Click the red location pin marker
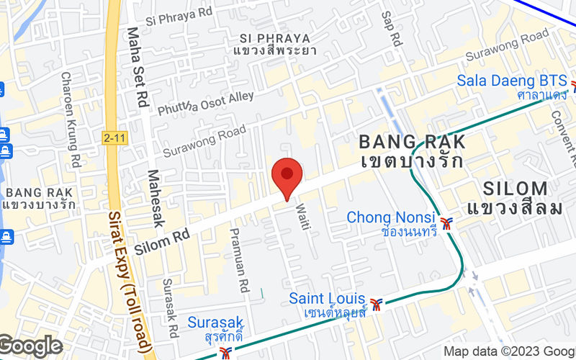coord(287,176)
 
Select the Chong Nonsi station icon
coord(448,223)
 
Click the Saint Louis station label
coord(328,298)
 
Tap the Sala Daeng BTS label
coord(512,80)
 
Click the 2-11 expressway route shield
coord(112,136)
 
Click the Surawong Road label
coord(204,141)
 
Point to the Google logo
coord(30,346)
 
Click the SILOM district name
coord(516,189)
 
